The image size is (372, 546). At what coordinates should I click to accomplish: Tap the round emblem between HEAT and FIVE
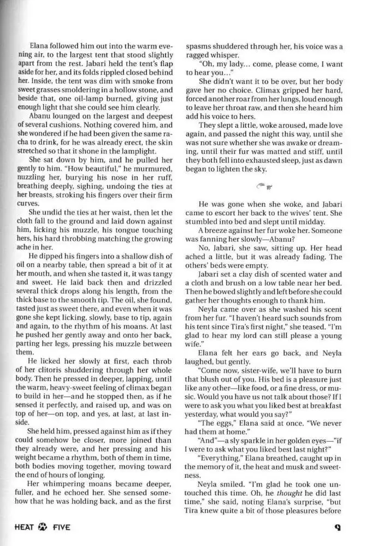click(x=40, y=527)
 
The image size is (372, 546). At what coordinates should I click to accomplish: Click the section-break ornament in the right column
click(x=264, y=187)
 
